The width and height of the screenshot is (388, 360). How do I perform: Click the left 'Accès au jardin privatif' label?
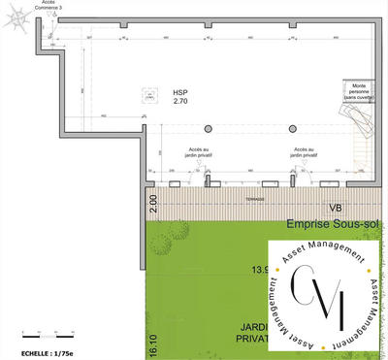pos(205,146)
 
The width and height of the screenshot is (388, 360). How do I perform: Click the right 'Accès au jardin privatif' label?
pos(302,146)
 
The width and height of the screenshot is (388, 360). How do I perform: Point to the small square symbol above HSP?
pos(148,94)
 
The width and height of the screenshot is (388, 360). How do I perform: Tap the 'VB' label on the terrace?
pos(335,208)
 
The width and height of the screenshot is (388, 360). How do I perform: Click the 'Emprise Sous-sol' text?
pos(330,224)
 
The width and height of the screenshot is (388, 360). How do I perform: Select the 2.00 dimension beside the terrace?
pos(151,204)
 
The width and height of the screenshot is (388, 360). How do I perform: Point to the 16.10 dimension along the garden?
pos(151,341)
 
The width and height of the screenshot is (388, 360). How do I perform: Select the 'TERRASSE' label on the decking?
pos(255,198)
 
